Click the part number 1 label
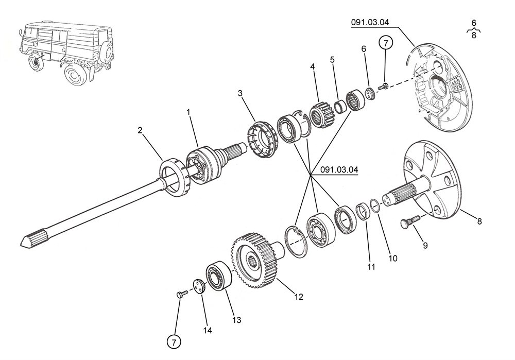pyautogui.click(x=188, y=112)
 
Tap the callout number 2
pyautogui.click(x=140, y=130)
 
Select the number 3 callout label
pyautogui.click(x=240, y=93)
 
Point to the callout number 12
pyautogui.click(x=299, y=297)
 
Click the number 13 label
pyautogui.click(x=236, y=320)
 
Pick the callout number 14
pyautogui.click(x=208, y=330)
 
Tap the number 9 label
pyautogui.click(x=425, y=246)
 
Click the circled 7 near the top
pyautogui.click(x=386, y=43)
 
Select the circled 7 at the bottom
pyautogui.click(x=174, y=341)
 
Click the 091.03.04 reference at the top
pyautogui.click(x=370, y=22)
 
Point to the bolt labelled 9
pyautogui.click(x=408, y=223)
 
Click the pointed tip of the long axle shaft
pyautogui.click(x=24, y=241)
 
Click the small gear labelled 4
pyautogui.click(x=322, y=115)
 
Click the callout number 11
pyautogui.click(x=371, y=267)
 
